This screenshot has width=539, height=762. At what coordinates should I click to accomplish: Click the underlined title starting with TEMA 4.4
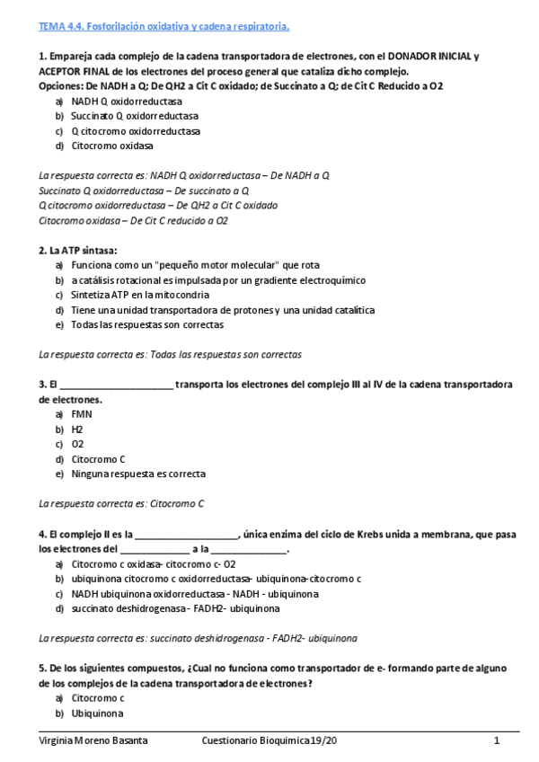[163, 27]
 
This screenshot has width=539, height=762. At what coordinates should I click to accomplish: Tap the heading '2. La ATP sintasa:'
[78, 250]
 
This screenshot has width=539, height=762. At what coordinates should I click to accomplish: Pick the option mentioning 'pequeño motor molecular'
[195, 265]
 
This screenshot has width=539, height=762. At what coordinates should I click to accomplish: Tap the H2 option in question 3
[78, 430]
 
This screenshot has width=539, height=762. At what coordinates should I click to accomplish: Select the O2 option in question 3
[78, 444]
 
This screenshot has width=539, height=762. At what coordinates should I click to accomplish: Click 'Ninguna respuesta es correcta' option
[138, 474]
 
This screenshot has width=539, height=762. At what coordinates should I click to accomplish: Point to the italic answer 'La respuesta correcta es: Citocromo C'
[122, 503]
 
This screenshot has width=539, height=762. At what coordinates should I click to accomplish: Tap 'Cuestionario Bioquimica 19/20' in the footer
[271, 740]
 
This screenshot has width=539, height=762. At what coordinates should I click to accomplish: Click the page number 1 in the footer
[496, 740]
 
